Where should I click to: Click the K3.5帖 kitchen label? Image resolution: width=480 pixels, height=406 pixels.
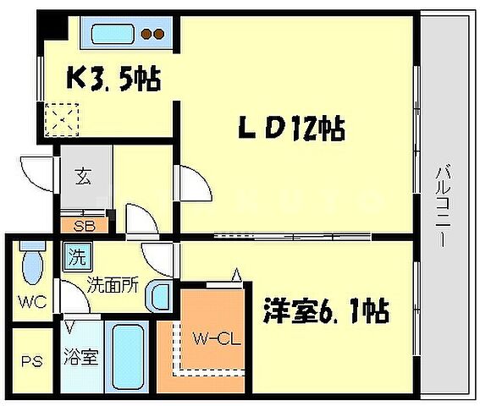(x=114, y=80)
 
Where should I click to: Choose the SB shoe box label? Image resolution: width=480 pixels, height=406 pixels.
(x=84, y=225)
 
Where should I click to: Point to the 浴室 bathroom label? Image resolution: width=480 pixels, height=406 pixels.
(x=83, y=357)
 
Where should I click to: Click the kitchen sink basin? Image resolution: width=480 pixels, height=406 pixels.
(x=114, y=35)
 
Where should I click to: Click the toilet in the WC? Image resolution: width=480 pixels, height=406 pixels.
(x=31, y=265)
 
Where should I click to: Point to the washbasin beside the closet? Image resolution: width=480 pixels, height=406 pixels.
(x=158, y=295)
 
